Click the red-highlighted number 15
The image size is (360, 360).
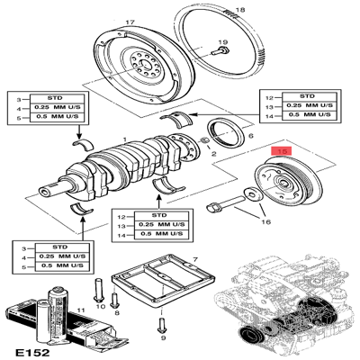point(283,153)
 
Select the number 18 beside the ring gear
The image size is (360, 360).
point(238,10)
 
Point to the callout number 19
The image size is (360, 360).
point(222,42)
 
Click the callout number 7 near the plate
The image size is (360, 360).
point(193,259)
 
